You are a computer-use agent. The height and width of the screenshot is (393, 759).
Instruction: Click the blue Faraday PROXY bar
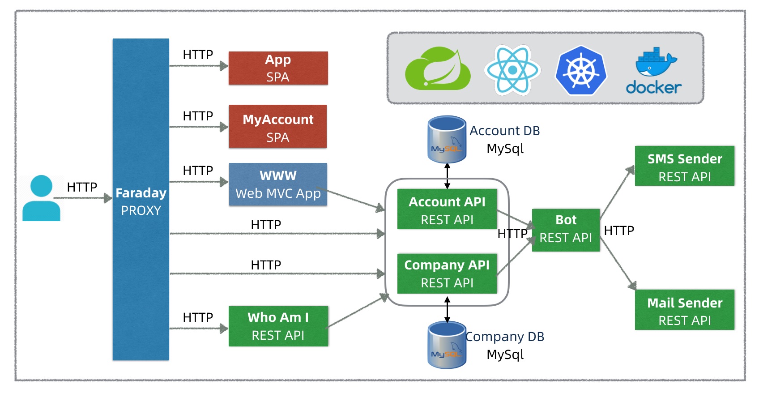coord(141,199)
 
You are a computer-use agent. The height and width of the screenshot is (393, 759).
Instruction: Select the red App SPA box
coord(278,68)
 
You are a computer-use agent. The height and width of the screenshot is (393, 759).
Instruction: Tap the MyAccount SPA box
coord(278,126)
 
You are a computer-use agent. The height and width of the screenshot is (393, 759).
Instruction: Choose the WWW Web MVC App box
coord(278,184)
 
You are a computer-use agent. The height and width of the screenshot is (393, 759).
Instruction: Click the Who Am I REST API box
coord(278,326)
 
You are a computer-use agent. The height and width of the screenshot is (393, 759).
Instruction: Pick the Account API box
coord(447,209)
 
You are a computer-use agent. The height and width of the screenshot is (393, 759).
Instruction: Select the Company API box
coord(447,273)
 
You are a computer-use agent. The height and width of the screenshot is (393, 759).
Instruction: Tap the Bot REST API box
coord(566,230)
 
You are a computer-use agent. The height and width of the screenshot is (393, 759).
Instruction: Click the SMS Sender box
coord(684,166)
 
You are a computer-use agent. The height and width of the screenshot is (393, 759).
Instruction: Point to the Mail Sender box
coord(684,310)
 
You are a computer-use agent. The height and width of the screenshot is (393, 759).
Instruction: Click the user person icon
coord(41,198)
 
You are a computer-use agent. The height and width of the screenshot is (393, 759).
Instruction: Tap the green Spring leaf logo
coord(438,68)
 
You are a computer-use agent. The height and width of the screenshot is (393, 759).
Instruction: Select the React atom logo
coord(513,70)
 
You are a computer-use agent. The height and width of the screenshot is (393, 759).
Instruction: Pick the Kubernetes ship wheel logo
coord(581,70)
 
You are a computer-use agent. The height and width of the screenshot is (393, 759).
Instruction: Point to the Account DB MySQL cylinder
coord(447,139)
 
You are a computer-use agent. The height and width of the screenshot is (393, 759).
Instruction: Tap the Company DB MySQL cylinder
coord(447,345)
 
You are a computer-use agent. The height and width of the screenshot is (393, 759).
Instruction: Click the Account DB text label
coord(504,131)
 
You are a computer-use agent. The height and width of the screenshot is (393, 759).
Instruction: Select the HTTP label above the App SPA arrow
coord(198,55)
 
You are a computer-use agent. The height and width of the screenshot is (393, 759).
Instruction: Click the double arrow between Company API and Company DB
coord(447,310)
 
